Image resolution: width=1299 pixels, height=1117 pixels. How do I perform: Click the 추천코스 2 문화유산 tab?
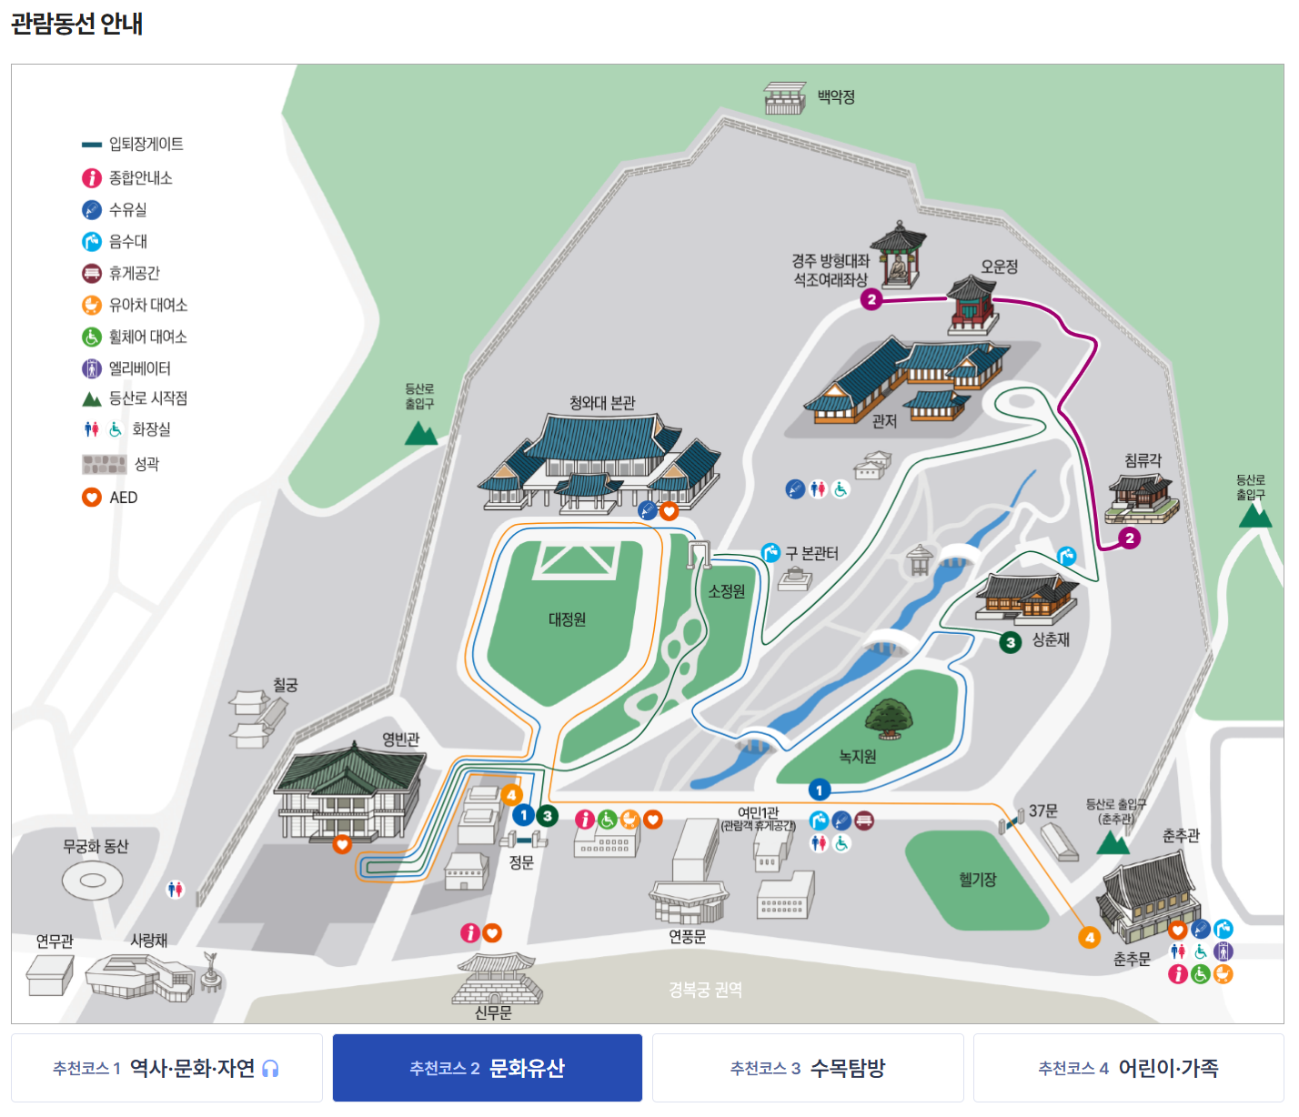pos(488,1068)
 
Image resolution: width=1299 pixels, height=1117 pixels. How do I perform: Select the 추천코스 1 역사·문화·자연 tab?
pos(166,1068)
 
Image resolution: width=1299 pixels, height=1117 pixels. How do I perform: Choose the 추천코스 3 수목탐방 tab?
pos(808,1068)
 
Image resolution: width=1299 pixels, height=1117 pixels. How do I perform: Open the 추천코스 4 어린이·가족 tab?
pos(1128,1068)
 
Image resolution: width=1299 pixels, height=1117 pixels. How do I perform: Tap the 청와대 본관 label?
pos(602,403)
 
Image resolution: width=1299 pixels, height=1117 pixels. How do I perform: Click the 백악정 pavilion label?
pos(836,97)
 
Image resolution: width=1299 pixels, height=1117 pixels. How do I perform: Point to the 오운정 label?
pos(999,267)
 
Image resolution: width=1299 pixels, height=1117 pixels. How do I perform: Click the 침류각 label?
pos(1143,460)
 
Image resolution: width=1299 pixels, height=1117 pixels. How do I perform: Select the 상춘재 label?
pos(1051,640)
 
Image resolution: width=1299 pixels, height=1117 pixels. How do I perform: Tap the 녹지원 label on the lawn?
pos(857,757)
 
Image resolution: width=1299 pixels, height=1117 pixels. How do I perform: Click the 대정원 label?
pos(567,619)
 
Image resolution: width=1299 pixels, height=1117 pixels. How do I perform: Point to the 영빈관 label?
pos(400,740)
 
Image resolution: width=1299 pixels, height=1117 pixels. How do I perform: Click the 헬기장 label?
pos(978,880)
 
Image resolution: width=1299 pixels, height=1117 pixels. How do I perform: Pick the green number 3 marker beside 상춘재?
pos(1011,642)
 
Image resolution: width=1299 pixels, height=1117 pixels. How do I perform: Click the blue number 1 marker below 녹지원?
pos(819,790)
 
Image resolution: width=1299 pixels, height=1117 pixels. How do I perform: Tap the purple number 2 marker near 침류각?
pos(1130,538)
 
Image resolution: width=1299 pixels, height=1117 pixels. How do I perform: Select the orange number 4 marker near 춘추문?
pos(1089,937)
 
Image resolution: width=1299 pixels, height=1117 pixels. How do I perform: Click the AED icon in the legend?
pos(92,498)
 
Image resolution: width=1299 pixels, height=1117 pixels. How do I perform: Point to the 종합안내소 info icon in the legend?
pos(92,178)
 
